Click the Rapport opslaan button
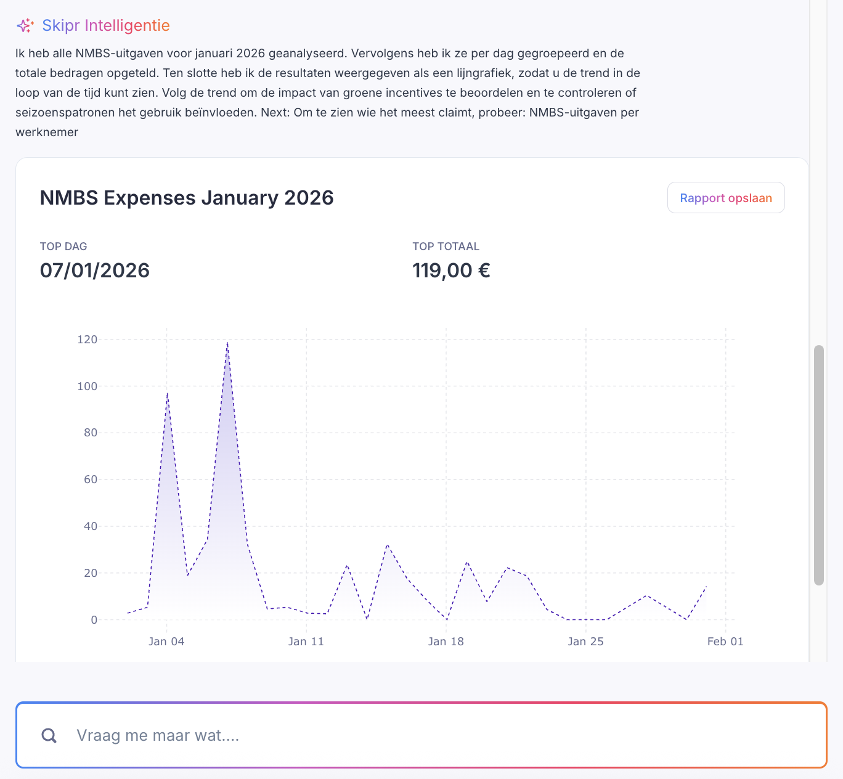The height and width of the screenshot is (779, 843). pos(726,198)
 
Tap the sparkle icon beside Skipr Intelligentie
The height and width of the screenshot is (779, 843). pos(25,26)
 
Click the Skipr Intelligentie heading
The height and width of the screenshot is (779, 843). pos(106,26)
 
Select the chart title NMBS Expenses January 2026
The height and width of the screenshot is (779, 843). pos(187,198)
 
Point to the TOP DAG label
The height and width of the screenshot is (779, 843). pos(63,247)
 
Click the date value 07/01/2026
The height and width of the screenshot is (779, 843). pos(95,271)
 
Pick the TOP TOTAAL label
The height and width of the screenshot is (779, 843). pos(446,247)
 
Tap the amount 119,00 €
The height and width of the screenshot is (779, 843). pos(451,271)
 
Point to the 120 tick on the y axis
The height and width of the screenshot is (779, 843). pos(87,340)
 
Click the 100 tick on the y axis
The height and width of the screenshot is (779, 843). pos(87,386)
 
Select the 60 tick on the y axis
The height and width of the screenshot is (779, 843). pos(91,479)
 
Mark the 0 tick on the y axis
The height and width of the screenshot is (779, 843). pos(94,620)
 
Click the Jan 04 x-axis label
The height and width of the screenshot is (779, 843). pos(166,642)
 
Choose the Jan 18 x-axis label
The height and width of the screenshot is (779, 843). pos(446,642)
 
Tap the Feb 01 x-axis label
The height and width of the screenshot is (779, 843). pos(725,642)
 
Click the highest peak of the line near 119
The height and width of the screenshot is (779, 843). pos(227,343)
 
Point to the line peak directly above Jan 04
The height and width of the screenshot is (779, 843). pos(167,393)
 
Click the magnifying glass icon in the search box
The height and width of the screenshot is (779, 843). pos(49,735)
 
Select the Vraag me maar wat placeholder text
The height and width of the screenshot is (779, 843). pos(158,735)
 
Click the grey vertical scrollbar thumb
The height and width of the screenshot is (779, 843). pos(819,465)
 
